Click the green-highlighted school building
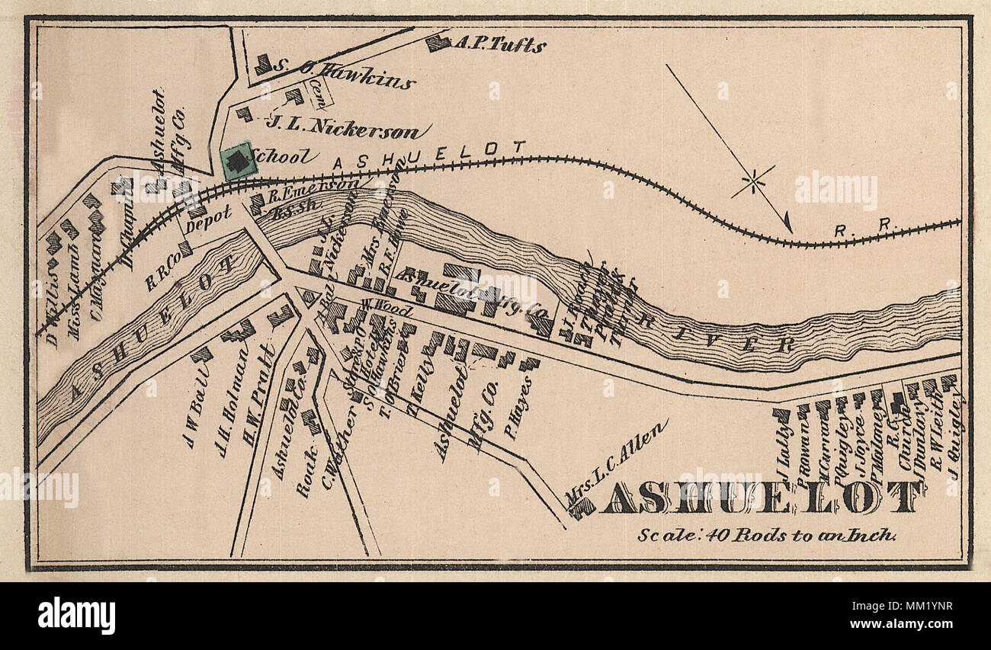point(238,161)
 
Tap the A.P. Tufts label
point(499,44)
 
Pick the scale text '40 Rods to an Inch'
point(767,535)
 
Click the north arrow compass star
point(753,181)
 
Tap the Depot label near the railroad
point(208,217)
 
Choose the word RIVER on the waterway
point(701,332)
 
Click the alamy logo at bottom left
point(76,615)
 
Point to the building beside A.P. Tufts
point(437,43)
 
